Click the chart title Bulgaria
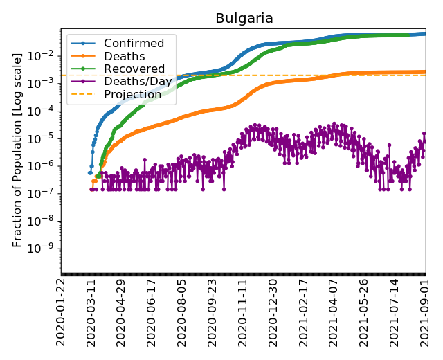tap(244, 18)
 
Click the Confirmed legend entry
tap(134, 44)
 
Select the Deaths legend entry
tap(124, 56)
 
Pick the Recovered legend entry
tap(134, 69)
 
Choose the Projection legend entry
tap(132, 94)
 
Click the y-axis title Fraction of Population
tap(18, 148)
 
